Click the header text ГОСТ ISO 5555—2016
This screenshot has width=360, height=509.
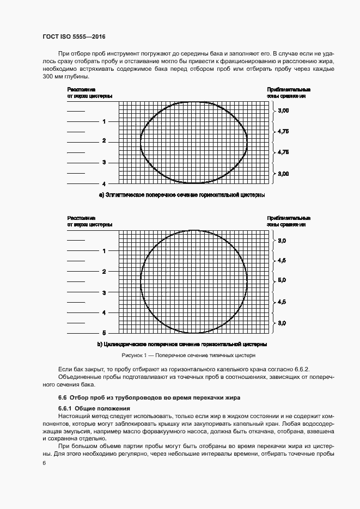(74, 37)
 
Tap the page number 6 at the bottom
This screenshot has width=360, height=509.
(44, 463)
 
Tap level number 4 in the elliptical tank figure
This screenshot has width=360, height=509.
(104, 183)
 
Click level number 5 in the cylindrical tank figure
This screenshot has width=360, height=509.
(104, 333)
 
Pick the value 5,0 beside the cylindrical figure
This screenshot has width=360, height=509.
(282, 281)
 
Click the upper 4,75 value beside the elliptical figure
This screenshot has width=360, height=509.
(283, 132)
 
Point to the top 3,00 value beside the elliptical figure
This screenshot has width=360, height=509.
(283, 111)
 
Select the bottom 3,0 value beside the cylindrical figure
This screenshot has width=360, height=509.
(282, 323)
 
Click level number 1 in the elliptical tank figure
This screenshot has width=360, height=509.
(104, 121)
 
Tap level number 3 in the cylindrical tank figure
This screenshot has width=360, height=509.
(104, 292)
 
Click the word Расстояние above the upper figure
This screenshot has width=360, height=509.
(81, 89)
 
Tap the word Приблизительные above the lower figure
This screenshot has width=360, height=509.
(288, 218)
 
